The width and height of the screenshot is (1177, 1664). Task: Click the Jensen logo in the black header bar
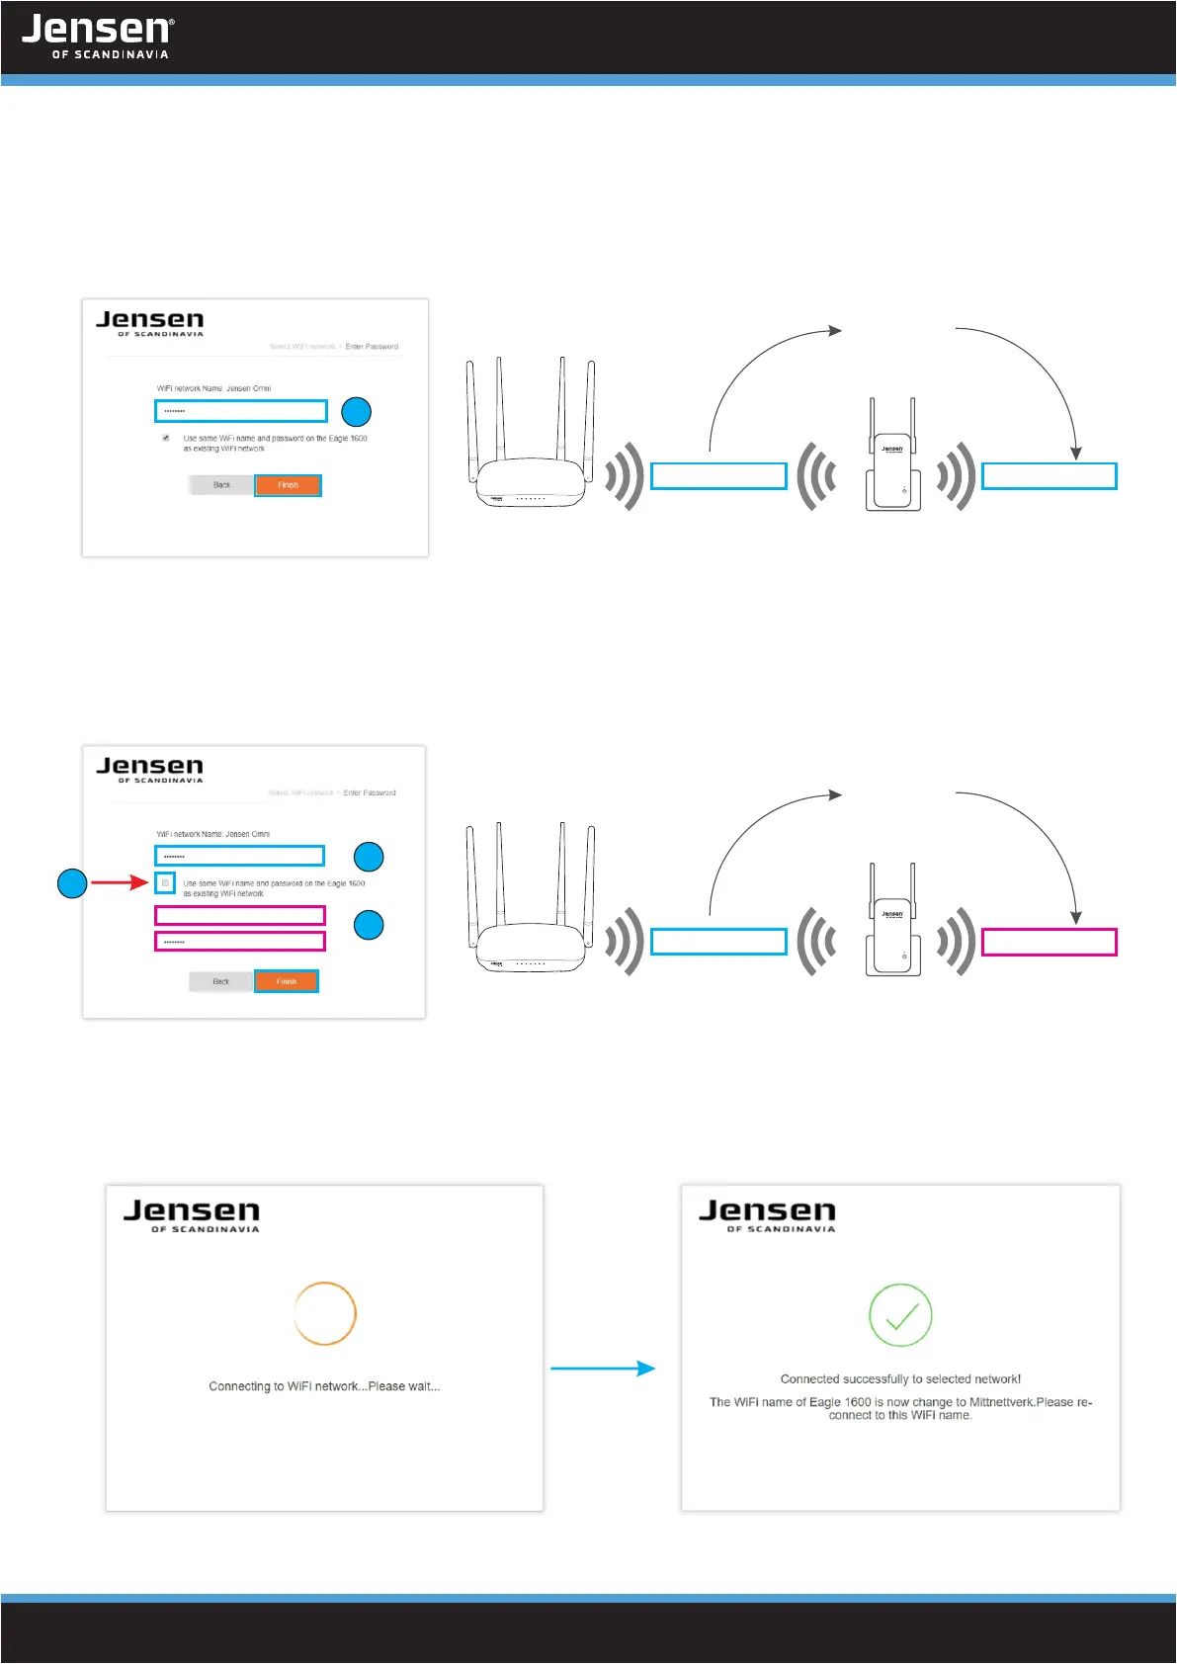coord(97,36)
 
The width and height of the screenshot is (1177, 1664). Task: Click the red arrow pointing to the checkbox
coord(120,882)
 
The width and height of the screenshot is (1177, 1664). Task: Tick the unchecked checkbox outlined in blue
coord(165,882)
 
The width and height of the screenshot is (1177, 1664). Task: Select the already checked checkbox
coord(165,438)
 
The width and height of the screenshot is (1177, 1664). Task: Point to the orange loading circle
coord(324,1313)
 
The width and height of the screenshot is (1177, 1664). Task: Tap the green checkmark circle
coord(899,1315)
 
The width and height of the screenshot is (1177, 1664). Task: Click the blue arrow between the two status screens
coord(603,1369)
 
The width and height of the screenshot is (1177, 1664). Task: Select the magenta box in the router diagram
coord(1049,942)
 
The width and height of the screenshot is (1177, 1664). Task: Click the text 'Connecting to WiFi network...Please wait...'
coord(324,1386)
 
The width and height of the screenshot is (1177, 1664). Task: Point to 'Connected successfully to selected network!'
coord(900,1378)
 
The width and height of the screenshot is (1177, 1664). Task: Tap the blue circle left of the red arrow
coord(72,882)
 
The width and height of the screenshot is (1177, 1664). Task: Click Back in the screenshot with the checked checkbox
coord(221,485)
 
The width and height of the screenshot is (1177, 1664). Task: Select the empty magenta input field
coord(240,916)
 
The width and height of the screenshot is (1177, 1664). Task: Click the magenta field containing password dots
coord(240,942)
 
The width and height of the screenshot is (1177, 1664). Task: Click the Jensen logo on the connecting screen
coord(192,1214)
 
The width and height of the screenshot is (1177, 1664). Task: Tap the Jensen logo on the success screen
coord(767,1214)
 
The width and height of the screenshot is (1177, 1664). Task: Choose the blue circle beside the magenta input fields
coord(369,925)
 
